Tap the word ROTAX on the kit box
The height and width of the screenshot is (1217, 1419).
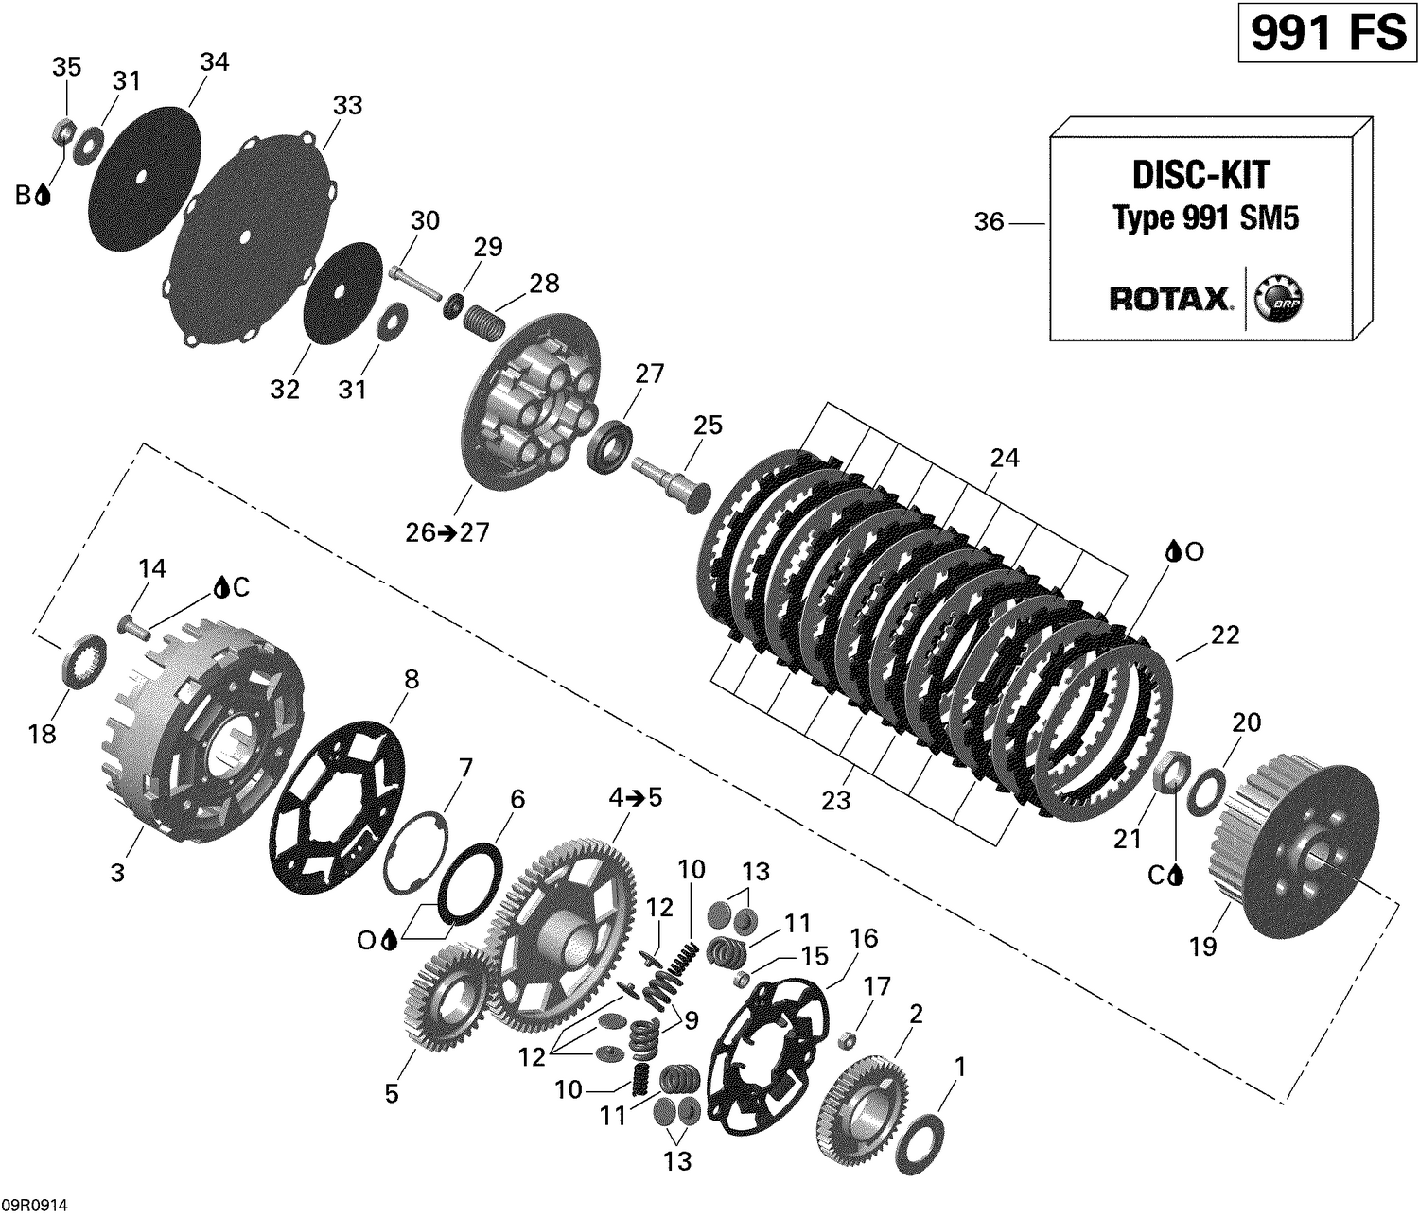pyautogui.click(x=1170, y=300)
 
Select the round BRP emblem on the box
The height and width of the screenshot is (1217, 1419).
pyautogui.click(x=1277, y=301)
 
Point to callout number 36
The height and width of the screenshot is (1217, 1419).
pyautogui.click(x=989, y=223)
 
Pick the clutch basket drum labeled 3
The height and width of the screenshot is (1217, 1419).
pyautogui.click(x=208, y=733)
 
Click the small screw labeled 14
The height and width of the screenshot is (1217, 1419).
pyautogui.click(x=135, y=623)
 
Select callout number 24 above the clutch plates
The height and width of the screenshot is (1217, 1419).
pyautogui.click(x=1005, y=459)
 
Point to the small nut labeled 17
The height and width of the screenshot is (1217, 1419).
pyautogui.click(x=849, y=1041)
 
